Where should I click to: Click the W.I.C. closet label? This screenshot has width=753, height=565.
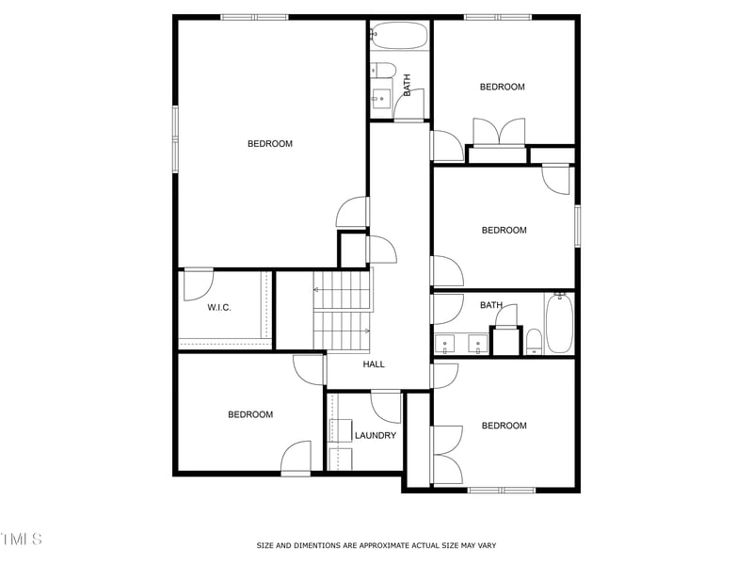click(219, 308)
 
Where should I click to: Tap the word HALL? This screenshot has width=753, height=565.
click(374, 364)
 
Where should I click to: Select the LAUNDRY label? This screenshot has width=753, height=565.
click(376, 435)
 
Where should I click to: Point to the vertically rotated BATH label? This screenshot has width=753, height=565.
click(408, 86)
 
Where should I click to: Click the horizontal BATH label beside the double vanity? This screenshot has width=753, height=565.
click(491, 305)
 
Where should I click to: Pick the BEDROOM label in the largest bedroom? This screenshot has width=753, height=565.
click(270, 144)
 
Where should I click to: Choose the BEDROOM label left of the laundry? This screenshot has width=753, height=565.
click(250, 414)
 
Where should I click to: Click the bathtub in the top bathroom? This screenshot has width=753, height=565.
click(399, 36)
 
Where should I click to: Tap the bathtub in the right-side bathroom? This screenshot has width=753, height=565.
click(559, 323)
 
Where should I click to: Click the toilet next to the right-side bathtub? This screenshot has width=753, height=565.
click(534, 340)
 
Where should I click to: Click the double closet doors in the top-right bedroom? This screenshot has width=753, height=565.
click(497, 131)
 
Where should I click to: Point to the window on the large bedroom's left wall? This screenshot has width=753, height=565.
click(175, 137)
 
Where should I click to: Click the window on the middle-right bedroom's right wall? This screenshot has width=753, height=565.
click(577, 226)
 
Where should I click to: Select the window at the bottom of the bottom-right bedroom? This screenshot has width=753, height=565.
click(502, 490)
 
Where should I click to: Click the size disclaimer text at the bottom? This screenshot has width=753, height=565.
click(376, 545)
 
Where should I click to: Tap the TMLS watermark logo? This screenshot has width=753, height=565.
click(21, 539)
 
